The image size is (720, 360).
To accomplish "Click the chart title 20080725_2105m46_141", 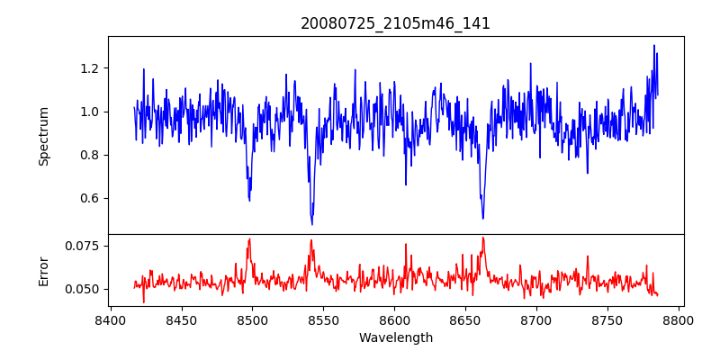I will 395,23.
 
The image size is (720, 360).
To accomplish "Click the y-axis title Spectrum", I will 44,136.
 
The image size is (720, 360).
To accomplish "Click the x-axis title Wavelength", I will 395,338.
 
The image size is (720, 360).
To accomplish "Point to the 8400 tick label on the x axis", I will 110,320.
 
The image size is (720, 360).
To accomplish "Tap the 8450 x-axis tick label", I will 181,320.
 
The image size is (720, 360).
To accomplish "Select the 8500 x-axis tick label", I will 252,320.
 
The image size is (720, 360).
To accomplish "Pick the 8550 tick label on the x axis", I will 323,320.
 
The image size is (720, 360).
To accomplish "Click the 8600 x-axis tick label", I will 394,320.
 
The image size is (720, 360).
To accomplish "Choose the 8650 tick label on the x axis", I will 465,320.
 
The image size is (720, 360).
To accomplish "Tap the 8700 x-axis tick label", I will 536,320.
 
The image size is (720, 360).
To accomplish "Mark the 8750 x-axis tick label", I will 607,320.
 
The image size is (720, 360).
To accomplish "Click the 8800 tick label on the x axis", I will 679,320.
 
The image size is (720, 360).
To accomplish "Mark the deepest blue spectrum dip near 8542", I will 312,223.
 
